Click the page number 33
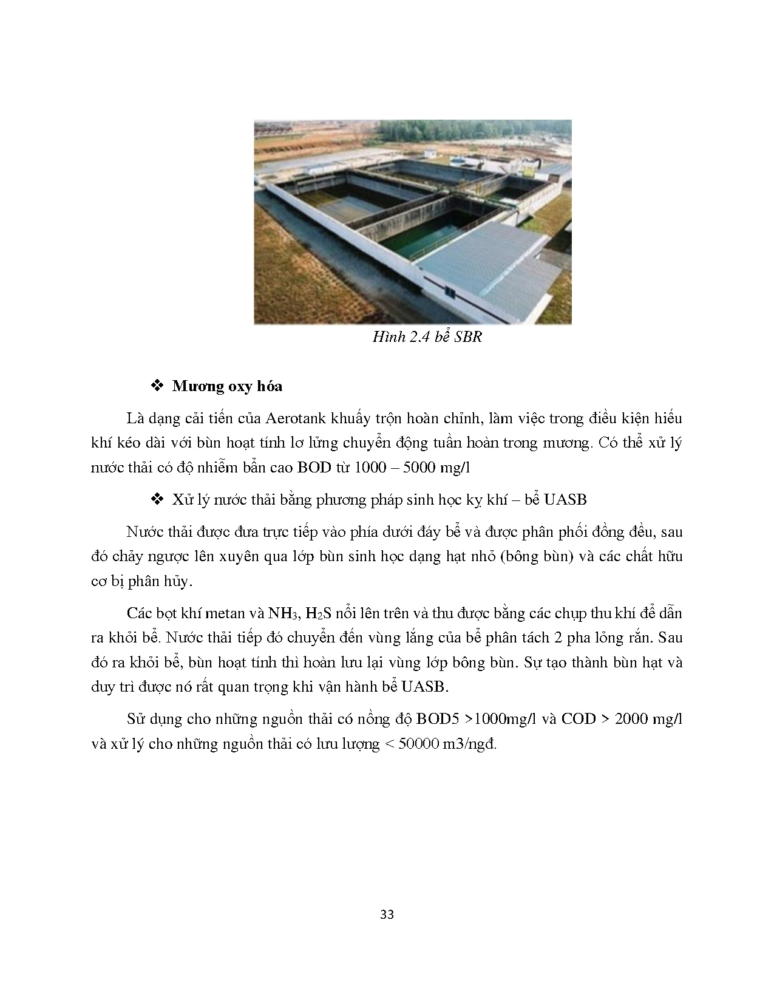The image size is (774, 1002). click(387, 914)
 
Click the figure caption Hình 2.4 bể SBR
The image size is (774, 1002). click(427, 336)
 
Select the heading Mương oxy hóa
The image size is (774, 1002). click(227, 386)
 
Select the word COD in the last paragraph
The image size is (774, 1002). click(577, 719)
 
